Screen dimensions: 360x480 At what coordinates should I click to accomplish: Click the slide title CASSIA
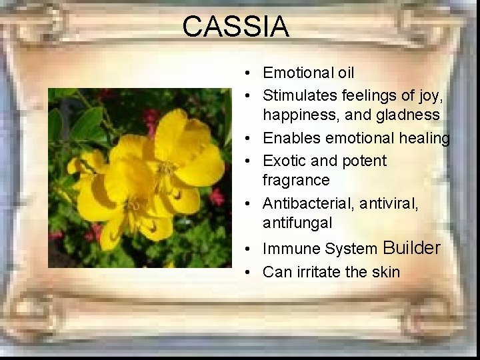point(235,27)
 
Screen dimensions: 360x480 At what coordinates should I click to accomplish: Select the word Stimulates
point(299,95)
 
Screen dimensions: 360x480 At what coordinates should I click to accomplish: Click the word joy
point(428,97)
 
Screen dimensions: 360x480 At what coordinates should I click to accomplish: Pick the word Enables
point(290,138)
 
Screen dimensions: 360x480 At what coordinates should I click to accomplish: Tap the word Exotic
point(285,161)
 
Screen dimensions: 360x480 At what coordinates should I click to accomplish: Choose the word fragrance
point(296,181)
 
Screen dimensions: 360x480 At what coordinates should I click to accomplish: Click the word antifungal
point(297,222)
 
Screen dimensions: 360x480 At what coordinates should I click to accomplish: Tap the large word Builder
point(411,248)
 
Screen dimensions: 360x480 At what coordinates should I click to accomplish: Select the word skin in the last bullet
point(386,272)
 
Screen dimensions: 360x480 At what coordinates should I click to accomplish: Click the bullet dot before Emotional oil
point(248,73)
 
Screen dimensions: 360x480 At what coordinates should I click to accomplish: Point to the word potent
point(365,161)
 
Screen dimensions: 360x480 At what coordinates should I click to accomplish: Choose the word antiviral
point(389,203)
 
